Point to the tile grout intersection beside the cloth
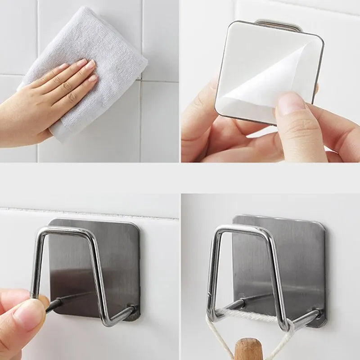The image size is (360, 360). [140, 80]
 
